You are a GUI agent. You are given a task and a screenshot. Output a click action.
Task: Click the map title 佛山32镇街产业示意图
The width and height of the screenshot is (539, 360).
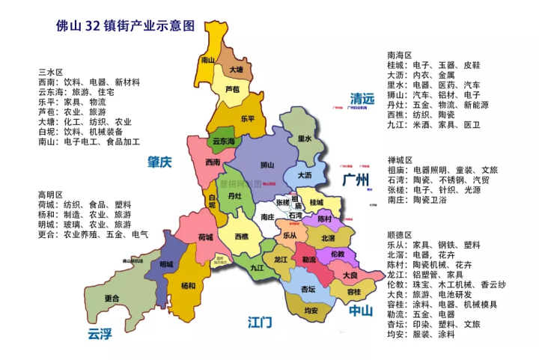pyautogui.click(x=125, y=25)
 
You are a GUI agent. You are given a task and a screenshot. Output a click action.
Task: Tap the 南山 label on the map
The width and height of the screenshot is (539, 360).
pyautogui.click(x=210, y=60)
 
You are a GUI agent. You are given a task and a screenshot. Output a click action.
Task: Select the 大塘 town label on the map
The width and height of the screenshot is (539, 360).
pyautogui.click(x=236, y=70)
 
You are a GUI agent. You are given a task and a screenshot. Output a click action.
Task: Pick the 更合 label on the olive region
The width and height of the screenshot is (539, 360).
pyautogui.click(x=112, y=297)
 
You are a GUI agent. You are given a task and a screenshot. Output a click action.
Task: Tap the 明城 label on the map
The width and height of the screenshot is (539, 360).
pyautogui.click(x=166, y=264)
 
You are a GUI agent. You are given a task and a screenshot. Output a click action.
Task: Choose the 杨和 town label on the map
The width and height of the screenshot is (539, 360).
pyautogui.click(x=189, y=286)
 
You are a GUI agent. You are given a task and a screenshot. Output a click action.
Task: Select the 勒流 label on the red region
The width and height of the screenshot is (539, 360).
pyautogui.click(x=308, y=260)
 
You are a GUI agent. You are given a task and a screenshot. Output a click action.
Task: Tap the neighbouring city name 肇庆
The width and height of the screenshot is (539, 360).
pyautogui.click(x=159, y=162)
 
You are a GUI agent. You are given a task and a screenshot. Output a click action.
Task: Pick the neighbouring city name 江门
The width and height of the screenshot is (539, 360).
pyautogui.click(x=260, y=323)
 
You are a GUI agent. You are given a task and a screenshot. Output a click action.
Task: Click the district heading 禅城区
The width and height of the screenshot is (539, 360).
pyautogui.click(x=400, y=160)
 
